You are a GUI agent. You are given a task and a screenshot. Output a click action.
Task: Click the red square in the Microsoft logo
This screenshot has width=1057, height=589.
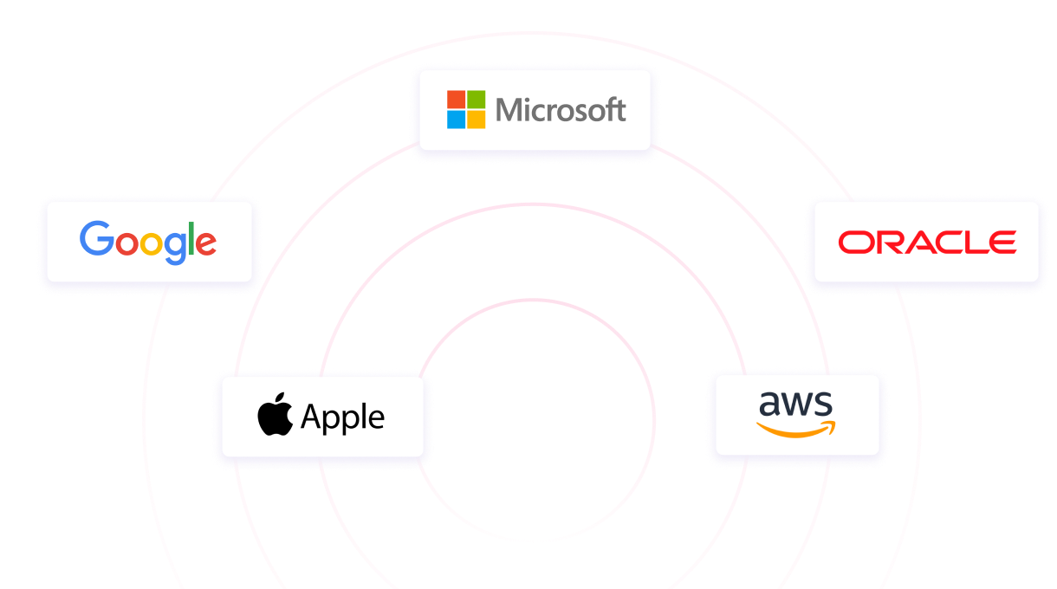pyautogui.click(x=456, y=99)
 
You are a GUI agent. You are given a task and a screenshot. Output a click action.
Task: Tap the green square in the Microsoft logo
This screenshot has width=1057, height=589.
pyautogui.click(x=476, y=99)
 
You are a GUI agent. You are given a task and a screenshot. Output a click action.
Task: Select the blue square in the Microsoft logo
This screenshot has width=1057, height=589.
pyautogui.click(x=456, y=120)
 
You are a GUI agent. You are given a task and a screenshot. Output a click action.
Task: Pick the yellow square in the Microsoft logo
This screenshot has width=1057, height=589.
pyautogui.click(x=476, y=120)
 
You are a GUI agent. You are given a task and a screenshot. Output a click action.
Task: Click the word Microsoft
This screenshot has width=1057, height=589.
pyautogui.click(x=561, y=110)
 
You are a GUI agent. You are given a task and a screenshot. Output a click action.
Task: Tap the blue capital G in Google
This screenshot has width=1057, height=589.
pyautogui.click(x=96, y=239)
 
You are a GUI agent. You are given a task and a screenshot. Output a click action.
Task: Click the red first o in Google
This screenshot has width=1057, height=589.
pyautogui.click(x=126, y=243)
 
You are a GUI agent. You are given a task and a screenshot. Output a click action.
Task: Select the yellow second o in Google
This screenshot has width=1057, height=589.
pyautogui.click(x=151, y=243)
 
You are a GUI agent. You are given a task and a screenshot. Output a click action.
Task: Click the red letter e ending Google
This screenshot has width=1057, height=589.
pyautogui.click(x=205, y=243)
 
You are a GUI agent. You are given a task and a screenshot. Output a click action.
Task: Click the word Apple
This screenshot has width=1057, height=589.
pyautogui.click(x=343, y=418)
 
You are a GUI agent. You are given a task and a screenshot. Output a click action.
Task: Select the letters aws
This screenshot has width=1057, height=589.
pyautogui.click(x=795, y=404)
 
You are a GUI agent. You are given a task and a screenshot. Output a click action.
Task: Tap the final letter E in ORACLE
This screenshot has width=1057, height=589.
pyautogui.click(x=1003, y=243)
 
